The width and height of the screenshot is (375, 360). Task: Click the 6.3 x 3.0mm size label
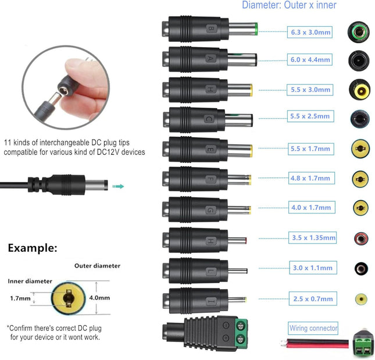click(x=310, y=33)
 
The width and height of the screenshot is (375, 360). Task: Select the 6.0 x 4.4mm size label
click(x=310, y=59)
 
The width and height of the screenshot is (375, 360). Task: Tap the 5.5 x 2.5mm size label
click(x=310, y=116)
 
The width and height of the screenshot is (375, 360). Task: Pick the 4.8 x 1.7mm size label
click(x=310, y=178)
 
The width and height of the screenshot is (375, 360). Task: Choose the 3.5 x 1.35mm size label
click(x=313, y=237)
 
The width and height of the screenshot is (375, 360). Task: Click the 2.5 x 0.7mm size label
click(x=312, y=299)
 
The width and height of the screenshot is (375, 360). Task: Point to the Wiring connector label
click(x=313, y=329)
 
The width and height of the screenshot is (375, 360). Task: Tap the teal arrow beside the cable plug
click(x=119, y=186)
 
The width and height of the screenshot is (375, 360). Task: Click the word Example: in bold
click(x=33, y=248)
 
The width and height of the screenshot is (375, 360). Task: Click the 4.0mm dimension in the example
click(x=100, y=297)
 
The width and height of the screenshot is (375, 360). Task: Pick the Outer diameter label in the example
click(x=97, y=266)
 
